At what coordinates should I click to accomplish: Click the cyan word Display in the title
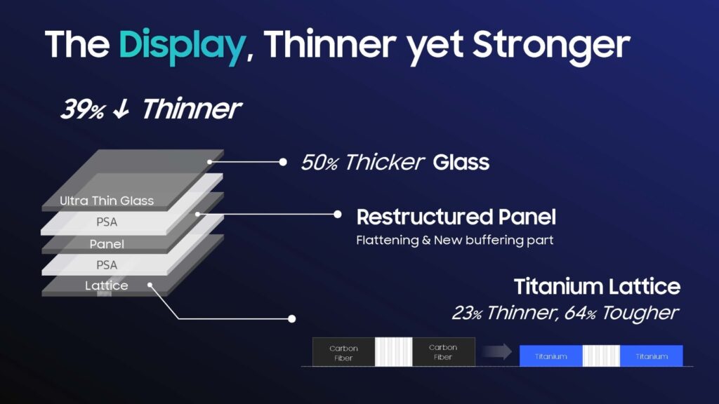coord(182,46)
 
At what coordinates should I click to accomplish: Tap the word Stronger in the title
coord(552,46)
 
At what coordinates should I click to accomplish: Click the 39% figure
coord(83,109)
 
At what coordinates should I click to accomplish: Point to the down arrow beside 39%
coord(121,109)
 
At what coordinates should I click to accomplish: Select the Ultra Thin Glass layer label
coord(107,201)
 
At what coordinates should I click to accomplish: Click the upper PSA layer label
coord(107,222)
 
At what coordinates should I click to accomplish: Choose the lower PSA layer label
coord(107,264)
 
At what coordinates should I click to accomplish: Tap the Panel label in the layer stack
coord(107,243)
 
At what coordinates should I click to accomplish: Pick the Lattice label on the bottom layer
coord(107,285)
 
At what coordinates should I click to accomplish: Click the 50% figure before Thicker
coord(319,163)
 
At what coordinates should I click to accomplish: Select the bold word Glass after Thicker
coord(461,162)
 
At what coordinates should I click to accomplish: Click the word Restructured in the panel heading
coord(424,217)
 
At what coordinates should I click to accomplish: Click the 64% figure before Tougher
coord(581,314)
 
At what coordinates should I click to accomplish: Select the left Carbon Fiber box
coord(343,352)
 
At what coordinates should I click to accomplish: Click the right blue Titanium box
coord(651,356)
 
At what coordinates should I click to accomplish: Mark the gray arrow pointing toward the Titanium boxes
coord(496,352)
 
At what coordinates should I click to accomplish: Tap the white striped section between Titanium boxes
coord(601,356)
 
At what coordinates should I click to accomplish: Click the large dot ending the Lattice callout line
coord(291,319)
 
